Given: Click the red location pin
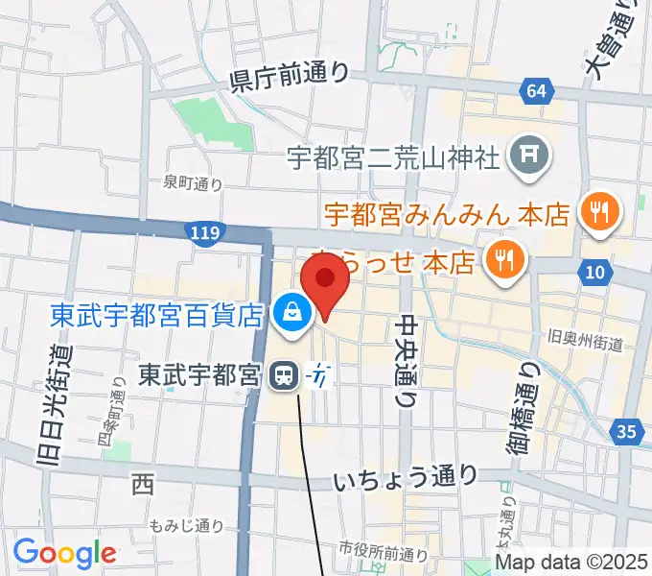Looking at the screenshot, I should (x=324, y=281).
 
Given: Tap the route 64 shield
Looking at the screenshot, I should (x=538, y=91).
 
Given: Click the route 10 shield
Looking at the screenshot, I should (x=595, y=274).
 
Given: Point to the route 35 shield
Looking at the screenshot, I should (x=626, y=433).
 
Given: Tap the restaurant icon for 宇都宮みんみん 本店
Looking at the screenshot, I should (x=601, y=211).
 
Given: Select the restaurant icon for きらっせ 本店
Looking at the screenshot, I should (x=501, y=259).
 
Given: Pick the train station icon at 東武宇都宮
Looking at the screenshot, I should (x=283, y=374).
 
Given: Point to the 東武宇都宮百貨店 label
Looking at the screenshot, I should (x=155, y=314).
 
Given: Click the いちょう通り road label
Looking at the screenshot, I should (x=407, y=476).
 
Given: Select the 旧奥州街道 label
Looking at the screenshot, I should (x=584, y=342).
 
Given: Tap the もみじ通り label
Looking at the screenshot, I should (x=187, y=525).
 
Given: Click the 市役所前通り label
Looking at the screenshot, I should (x=384, y=551).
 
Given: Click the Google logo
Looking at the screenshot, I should (x=64, y=552).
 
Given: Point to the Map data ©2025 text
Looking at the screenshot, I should (x=572, y=562).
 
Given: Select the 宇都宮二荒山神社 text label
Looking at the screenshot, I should (x=393, y=156).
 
